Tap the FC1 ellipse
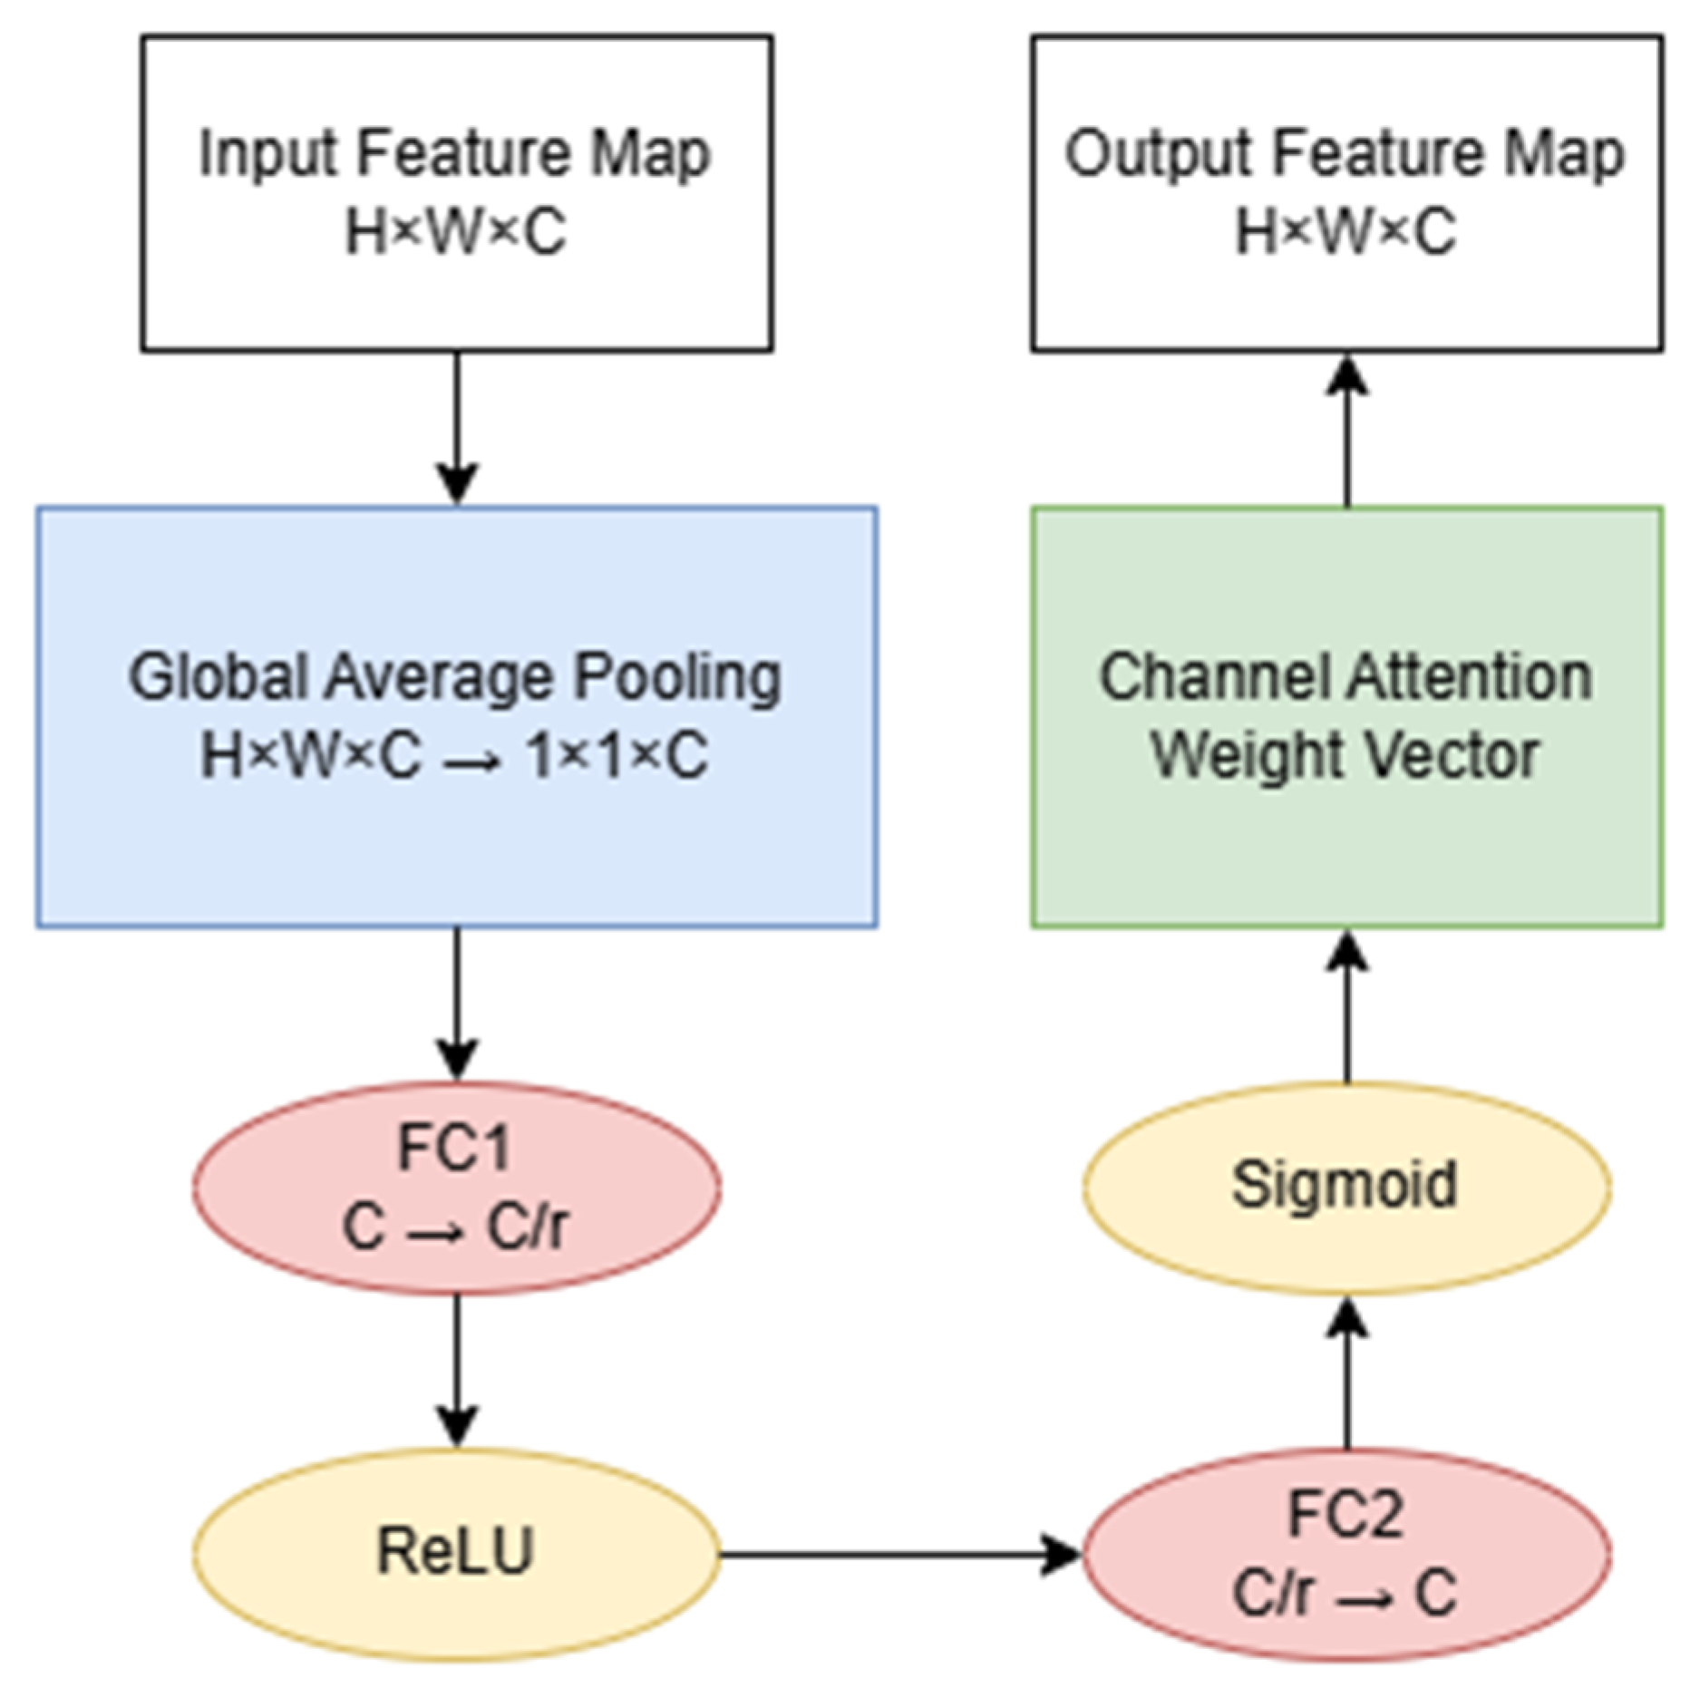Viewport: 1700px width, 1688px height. pos(456,1187)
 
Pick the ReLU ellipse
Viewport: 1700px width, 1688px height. pos(456,1554)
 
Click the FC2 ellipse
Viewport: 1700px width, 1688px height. pos(1346,1554)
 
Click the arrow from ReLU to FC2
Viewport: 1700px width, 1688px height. pos(898,1555)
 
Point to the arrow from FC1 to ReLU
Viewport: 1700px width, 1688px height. pos(456,1370)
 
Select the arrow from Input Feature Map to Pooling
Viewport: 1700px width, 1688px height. pos(456,426)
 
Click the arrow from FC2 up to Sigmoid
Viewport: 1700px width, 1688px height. pos(1346,1373)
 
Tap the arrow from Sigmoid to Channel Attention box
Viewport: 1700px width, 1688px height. pos(1346,1006)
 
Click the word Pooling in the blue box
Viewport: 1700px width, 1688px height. pos(678,678)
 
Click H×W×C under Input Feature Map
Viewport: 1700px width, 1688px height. pos(456,232)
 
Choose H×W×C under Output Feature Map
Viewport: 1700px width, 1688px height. pos(1346,232)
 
